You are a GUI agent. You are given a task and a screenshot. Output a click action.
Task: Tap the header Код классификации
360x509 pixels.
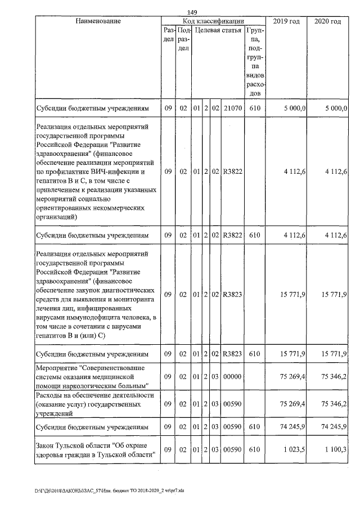pyautogui.click(x=213, y=21)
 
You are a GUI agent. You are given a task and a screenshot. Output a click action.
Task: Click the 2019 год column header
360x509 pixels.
pyautogui.click(x=286, y=21)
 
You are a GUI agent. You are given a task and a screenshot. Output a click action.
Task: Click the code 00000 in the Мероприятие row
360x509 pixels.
pyautogui.click(x=232, y=376)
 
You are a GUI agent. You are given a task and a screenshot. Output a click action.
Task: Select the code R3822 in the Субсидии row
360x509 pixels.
pyautogui.click(x=232, y=236)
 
